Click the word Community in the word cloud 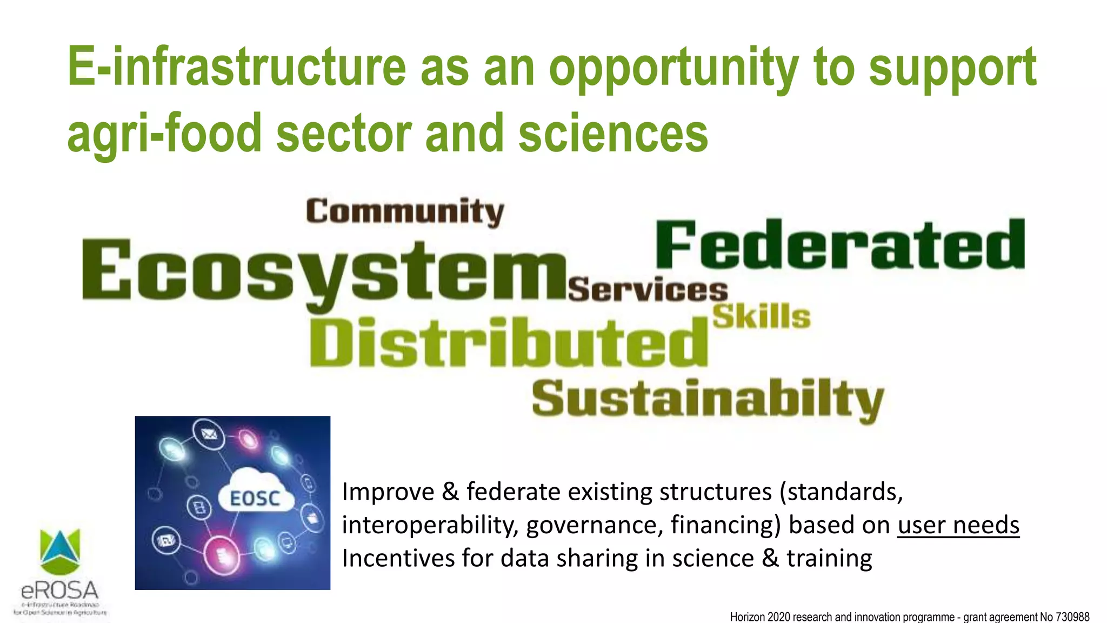pyautogui.click(x=405, y=211)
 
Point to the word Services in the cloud pyautogui.click(x=648, y=290)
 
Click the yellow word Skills pyautogui.click(x=762, y=316)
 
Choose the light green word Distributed pyautogui.click(x=508, y=342)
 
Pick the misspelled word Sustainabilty pyautogui.click(x=708, y=399)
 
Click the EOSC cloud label pyautogui.click(x=255, y=498)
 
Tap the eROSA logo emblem pyautogui.click(x=60, y=551)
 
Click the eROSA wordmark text pyautogui.click(x=60, y=590)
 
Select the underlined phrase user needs pyautogui.click(x=958, y=525)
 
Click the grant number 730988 pyautogui.click(x=1072, y=617)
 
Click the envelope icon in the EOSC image pyautogui.click(x=209, y=434)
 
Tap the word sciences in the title pyautogui.click(x=613, y=134)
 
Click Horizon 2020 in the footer pyautogui.click(x=757, y=617)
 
